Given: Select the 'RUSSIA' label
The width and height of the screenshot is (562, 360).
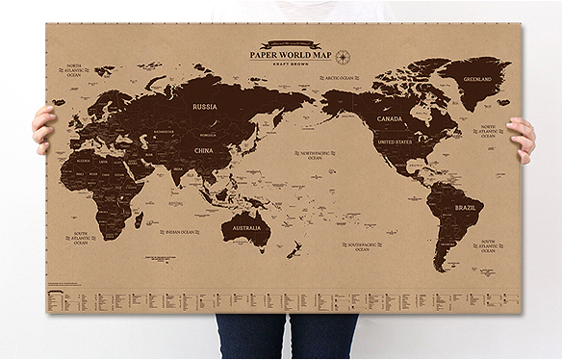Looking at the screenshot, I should coord(204,106).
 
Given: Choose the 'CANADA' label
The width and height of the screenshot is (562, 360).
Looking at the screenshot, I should coord(390,119).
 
